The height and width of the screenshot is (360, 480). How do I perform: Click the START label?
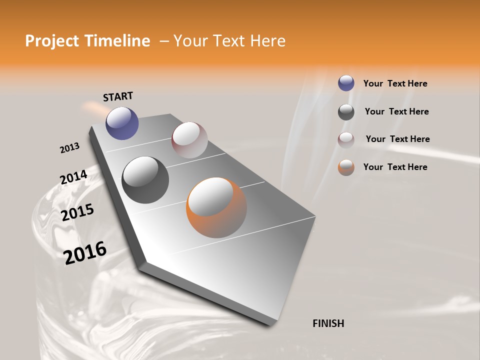coord(118,96)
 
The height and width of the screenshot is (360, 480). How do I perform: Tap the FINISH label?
coord(328,323)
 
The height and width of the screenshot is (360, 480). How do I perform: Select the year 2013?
coord(69,148)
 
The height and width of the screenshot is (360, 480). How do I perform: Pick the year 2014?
coord(73,177)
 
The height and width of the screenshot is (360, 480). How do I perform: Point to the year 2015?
coord(77,212)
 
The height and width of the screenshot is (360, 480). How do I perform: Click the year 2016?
coord(85,253)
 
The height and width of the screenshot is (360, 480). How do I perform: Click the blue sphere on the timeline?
coord(122,123)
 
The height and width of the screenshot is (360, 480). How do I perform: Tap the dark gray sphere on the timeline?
coord(145,180)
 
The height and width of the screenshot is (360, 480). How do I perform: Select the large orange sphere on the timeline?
coord(216,207)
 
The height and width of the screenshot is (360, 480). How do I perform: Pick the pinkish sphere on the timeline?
coord(189,139)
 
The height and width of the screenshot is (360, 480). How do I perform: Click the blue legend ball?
coord(346,83)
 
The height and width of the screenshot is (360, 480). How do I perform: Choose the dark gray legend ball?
coord(346,112)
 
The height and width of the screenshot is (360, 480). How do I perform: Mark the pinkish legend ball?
coord(346,140)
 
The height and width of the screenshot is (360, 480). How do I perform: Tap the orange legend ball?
coord(346,167)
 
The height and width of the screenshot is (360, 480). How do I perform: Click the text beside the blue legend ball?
coord(395,83)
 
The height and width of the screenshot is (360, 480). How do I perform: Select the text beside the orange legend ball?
coord(395,167)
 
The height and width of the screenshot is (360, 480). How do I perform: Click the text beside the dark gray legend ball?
coord(396,111)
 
